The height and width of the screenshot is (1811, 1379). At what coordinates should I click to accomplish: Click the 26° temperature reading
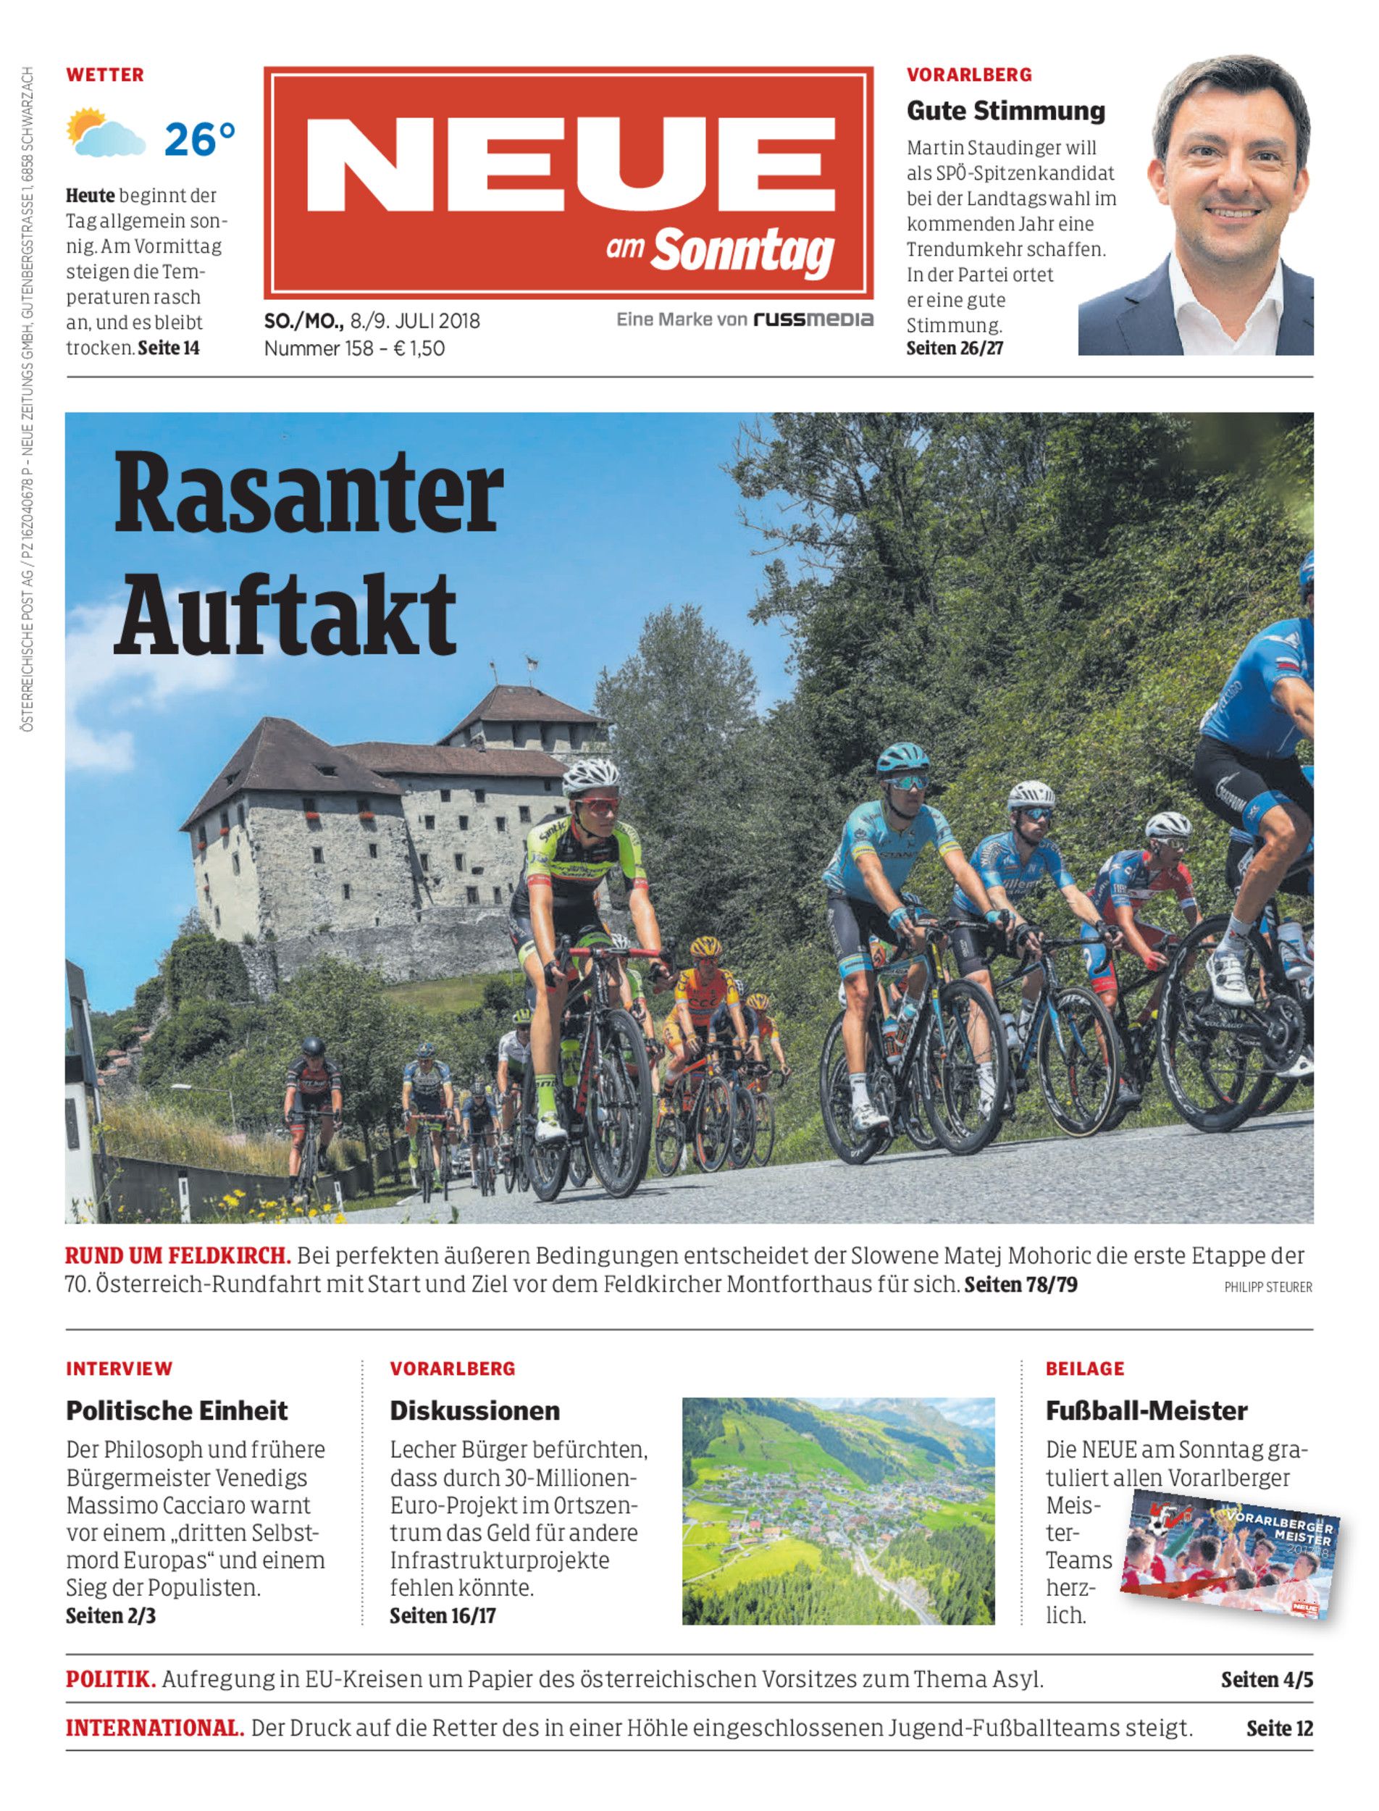click(x=199, y=139)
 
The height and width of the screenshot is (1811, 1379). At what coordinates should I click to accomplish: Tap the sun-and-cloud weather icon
click(x=105, y=133)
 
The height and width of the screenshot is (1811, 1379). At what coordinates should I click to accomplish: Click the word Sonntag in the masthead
click(x=743, y=251)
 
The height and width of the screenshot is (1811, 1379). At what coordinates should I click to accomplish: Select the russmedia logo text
click(x=813, y=319)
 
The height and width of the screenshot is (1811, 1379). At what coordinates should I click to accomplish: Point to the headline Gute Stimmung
click(x=1005, y=110)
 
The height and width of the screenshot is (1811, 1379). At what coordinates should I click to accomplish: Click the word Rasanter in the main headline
click(x=308, y=495)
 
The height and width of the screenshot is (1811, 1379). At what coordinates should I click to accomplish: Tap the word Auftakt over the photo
click(x=284, y=615)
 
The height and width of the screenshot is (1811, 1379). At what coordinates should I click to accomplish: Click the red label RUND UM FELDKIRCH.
click(x=178, y=1255)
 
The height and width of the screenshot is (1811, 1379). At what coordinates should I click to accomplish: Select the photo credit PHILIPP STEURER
click(x=1267, y=1287)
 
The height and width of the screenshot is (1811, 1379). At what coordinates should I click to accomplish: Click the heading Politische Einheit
click(x=177, y=1410)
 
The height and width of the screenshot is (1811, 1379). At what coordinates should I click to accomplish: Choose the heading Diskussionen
click(x=474, y=1410)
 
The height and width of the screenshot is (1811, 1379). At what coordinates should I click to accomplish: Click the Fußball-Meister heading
click(x=1146, y=1410)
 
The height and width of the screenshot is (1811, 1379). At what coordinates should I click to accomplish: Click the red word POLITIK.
click(x=111, y=1679)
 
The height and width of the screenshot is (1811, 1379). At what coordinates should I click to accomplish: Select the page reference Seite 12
click(x=1279, y=1728)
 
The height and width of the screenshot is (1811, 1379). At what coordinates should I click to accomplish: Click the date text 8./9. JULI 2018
click(x=414, y=321)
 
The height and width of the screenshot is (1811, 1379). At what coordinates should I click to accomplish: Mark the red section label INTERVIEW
click(x=119, y=1368)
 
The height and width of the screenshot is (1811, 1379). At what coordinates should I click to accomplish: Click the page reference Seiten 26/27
click(x=954, y=348)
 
